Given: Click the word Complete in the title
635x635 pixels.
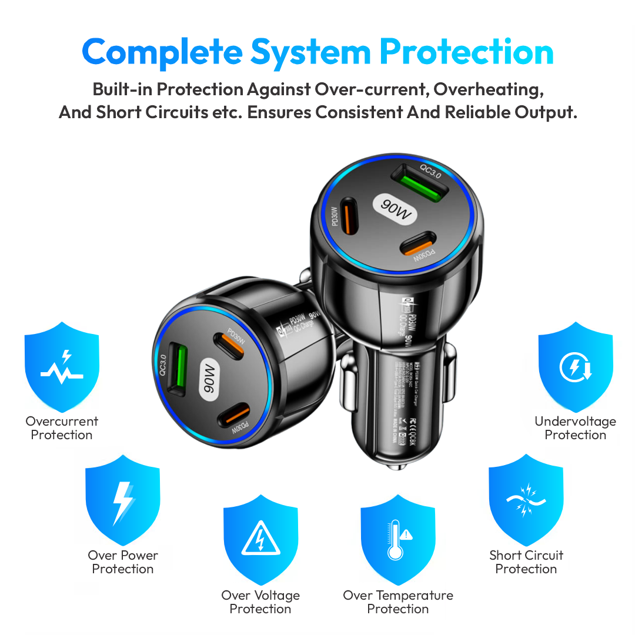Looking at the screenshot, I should click(162, 52).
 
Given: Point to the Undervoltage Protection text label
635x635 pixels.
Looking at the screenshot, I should click(576, 428).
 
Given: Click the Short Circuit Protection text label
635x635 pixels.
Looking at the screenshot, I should click(526, 562).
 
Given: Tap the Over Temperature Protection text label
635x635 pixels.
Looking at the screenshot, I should click(398, 602).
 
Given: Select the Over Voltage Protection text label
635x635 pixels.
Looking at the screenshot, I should click(260, 602).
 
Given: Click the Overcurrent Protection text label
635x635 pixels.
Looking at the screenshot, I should click(62, 428).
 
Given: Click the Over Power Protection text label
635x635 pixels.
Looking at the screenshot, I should click(123, 562).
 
